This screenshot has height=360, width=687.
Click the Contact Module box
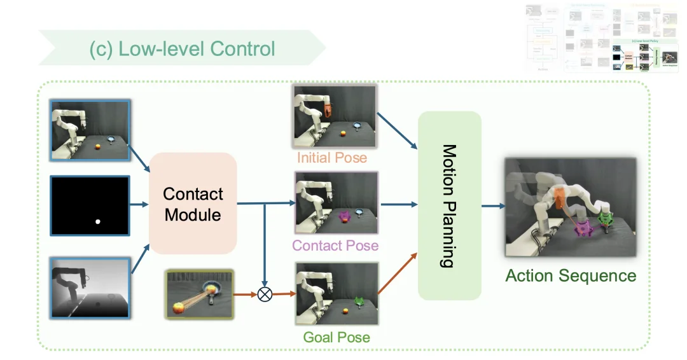(x=193, y=204)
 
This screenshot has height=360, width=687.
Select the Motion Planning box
(x=449, y=205)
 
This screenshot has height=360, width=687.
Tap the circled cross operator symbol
(x=264, y=294)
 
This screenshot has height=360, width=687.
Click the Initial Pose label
(x=331, y=157)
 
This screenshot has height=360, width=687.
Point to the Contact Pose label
(x=335, y=246)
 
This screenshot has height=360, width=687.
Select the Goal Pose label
(x=336, y=336)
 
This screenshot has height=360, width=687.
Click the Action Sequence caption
(x=571, y=275)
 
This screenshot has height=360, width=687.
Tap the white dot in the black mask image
(x=98, y=221)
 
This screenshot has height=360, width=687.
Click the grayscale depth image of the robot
(x=90, y=286)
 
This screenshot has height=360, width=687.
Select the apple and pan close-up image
(x=199, y=294)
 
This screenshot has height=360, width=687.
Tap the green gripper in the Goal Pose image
(x=359, y=300)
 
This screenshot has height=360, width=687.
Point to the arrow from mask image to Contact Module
(x=139, y=205)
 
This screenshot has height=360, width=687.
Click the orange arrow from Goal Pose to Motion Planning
(x=398, y=273)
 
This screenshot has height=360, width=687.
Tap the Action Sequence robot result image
(x=570, y=207)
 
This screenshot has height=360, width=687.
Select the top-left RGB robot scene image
(x=90, y=130)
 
